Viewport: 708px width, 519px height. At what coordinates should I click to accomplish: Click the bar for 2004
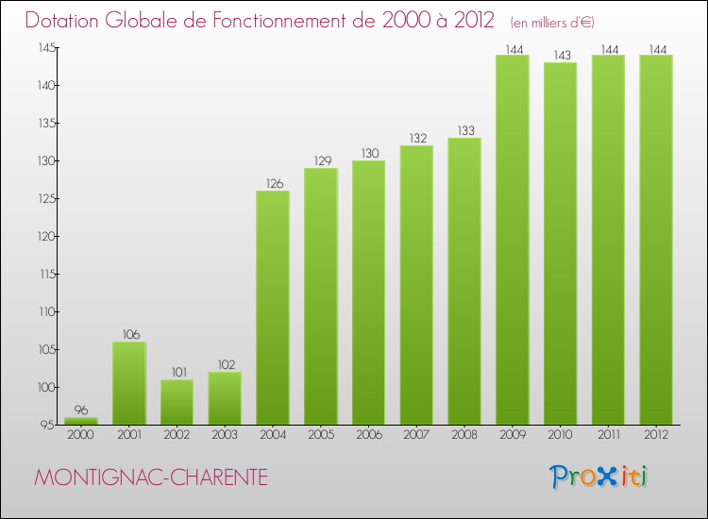tap(273, 308)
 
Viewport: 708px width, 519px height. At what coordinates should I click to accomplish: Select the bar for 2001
tap(129, 383)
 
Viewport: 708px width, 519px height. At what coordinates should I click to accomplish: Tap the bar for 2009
tap(513, 240)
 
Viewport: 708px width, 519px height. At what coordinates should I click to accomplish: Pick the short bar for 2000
tap(81, 421)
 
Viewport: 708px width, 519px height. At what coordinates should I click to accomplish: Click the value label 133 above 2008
tap(464, 131)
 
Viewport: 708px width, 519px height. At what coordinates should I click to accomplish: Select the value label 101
tap(177, 373)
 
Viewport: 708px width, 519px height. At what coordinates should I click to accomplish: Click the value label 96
tap(81, 410)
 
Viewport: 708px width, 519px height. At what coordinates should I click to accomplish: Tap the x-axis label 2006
tap(368, 435)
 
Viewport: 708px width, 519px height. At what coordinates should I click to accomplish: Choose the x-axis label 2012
tap(656, 435)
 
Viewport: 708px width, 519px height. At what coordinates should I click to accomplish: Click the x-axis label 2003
tap(225, 435)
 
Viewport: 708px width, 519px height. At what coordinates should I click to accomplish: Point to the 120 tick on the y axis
tap(44, 237)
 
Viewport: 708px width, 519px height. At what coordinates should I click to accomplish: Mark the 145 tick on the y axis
tap(44, 48)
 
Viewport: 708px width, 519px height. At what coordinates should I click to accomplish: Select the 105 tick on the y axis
tap(44, 350)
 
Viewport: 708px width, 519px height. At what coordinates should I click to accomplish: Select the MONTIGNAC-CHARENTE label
tap(151, 478)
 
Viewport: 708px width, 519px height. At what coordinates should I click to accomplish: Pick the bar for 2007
tap(416, 285)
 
